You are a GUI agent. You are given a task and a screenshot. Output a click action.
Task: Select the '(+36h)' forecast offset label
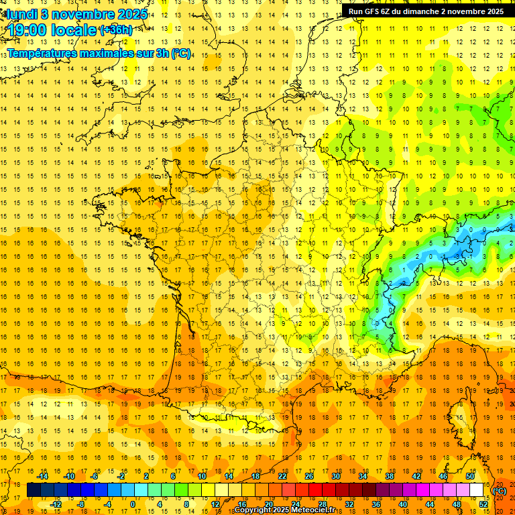pyautogui.click(x=115, y=30)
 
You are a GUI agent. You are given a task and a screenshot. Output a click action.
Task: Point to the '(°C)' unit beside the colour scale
pyautogui.click(x=500, y=491)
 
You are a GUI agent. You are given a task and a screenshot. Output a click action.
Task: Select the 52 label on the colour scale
pyautogui.click(x=483, y=504)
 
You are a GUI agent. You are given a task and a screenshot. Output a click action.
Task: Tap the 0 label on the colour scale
pyautogui.click(x=132, y=504)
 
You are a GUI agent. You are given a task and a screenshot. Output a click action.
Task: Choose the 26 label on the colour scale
pyautogui.click(x=308, y=476)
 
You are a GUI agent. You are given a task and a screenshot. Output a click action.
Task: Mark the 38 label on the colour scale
pyautogui.click(x=389, y=476)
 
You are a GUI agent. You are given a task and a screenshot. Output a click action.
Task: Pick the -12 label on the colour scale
pyautogui.click(x=56, y=504)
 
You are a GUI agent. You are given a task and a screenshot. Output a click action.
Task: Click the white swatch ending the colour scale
pyautogui.click(x=477, y=490)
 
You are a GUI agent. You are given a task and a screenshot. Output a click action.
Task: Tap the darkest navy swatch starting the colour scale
pyautogui.click(x=34, y=490)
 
